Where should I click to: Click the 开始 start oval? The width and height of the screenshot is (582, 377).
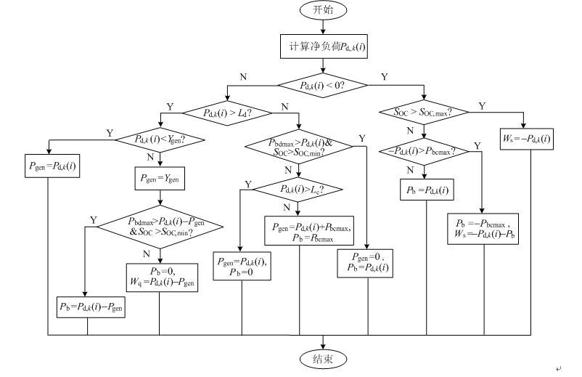(x=324, y=10)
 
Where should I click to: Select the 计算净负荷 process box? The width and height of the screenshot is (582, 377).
(x=323, y=46)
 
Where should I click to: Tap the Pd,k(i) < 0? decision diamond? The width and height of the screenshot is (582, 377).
(x=323, y=85)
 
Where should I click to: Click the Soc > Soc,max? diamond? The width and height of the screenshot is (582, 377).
(x=422, y=112)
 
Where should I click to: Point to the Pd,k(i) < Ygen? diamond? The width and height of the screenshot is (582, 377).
(x=160, y=139)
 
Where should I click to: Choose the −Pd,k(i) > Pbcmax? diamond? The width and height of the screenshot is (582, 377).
(x=422, y=152)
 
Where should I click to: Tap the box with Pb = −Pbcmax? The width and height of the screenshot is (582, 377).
(x=481, y=227)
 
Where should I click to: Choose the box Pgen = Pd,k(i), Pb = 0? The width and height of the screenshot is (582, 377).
(x=241, y=266)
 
